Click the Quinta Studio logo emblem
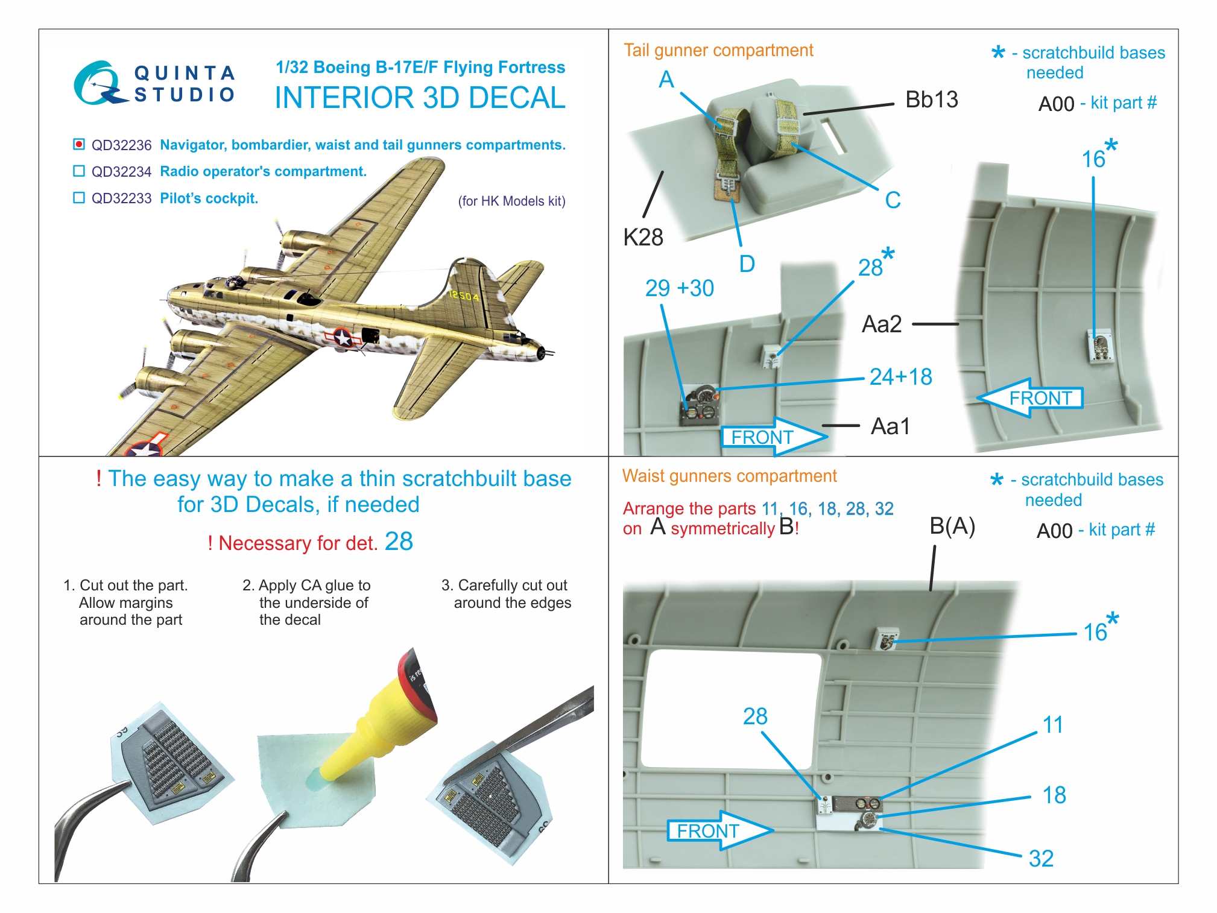pyautogui.click(x=99, y=83)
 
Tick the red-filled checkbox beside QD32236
pyautogui.click(x=78, y=144)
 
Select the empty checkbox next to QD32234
pyautogui.click(x=78, y=171)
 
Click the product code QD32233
pyautogui.click(x=121, y=198)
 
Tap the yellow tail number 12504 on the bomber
pyautogui.click(x=464, y=295)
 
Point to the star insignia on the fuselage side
pyautogui.click(x=343, y=338)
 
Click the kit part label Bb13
pyautogui.click(x=931, y=100)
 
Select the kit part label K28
pyautogui.click(x=643, y=238)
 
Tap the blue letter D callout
pyautogui.click(x=747, y=264)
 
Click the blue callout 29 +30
pyautogui.click(x=679, y=289)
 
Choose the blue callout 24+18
pyautogui.click(x=900, y=378)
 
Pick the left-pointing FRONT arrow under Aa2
pyautogui.click(x=1030, y=398)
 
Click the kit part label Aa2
pyautogui.click(x=882, y=324)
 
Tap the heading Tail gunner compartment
pyautogui.click(x=718, y=51)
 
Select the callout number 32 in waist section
pyautogui.click(x=1041, y=858)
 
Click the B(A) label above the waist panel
pyautogui.click(x=952, y=526)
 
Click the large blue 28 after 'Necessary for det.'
pyautogui.click(x=399, y=542)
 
